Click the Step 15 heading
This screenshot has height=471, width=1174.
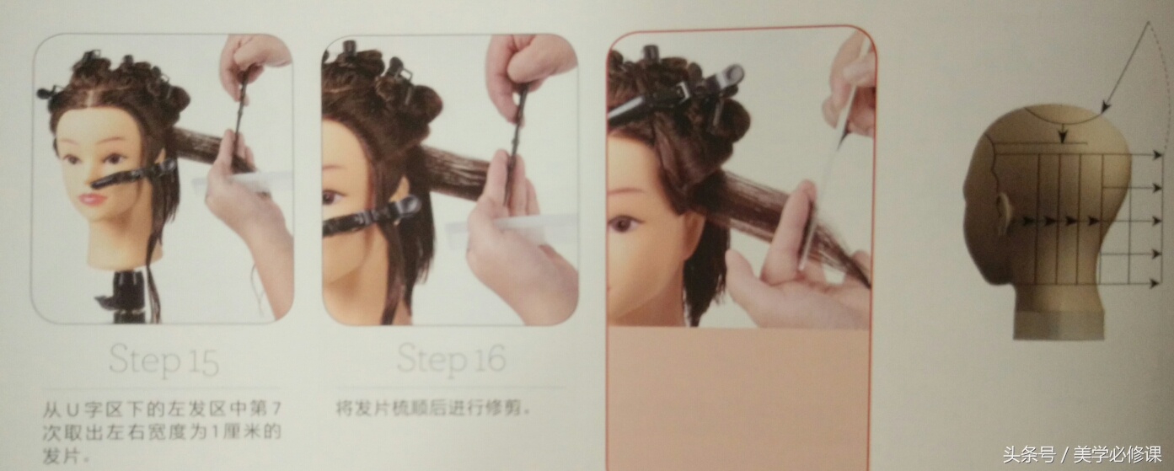pyautogui.click(x=164, y=361)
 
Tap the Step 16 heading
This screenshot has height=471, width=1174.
pyautogui.click(x=451, y=359)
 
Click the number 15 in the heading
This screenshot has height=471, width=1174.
pyautogui.click(x=200, y=361)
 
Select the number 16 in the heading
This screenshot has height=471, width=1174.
pyautogui.click(x=486, y=359)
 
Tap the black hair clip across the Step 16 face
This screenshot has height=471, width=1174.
pyautogui.click(x=371, y=216)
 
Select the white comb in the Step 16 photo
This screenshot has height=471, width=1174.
pyautogui.click(x=506, y=226)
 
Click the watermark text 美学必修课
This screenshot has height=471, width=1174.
pyautogui.click(x=1117, y=455)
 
